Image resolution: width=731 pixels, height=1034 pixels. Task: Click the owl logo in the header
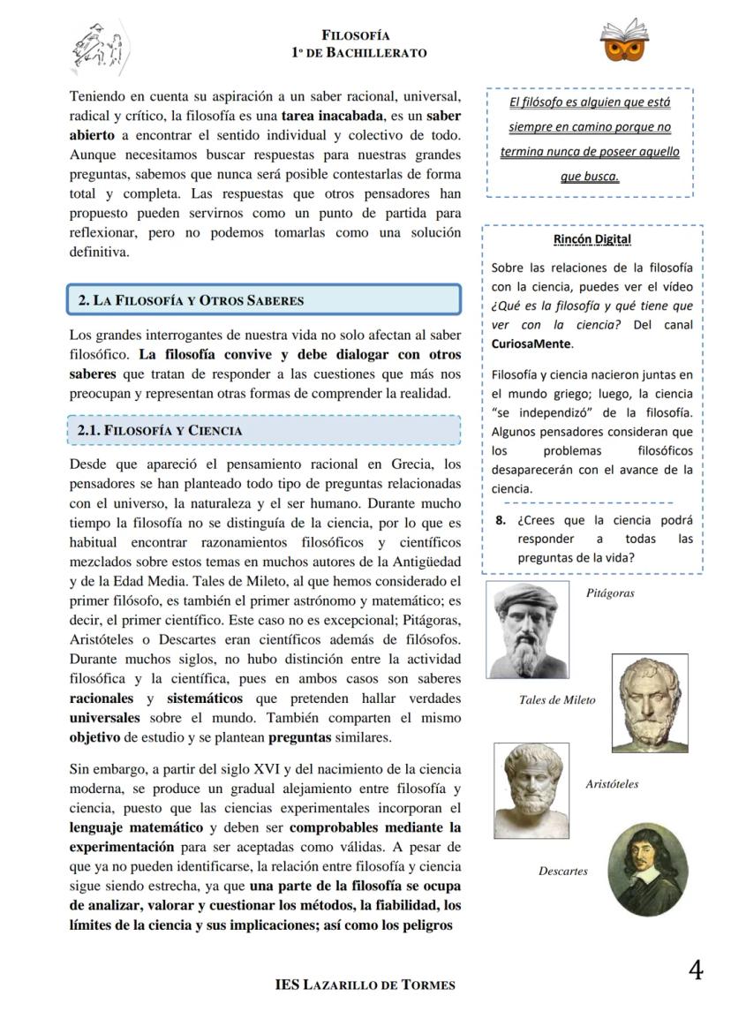click(x=624, y=42)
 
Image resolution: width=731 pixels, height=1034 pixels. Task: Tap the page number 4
click(x=695, y=970)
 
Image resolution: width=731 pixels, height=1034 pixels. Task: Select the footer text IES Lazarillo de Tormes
click(x=365, y=985)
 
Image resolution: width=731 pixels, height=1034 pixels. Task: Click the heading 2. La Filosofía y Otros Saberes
click(x=191, y=300)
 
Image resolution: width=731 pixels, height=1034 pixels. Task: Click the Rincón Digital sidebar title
click(x=592, y=239)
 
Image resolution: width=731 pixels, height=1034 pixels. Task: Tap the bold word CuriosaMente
click(x=532, y=343)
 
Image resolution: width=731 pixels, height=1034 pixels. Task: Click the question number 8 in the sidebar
click(x=500, y=520)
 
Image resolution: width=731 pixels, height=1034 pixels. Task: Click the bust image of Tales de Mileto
click(x=649, y=704)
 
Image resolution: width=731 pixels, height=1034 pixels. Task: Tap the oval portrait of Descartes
click(x=649, y=869)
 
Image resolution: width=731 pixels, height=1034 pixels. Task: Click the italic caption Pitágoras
click(x=610, y=593)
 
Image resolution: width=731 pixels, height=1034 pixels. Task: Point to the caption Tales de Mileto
click(x=556, y=700)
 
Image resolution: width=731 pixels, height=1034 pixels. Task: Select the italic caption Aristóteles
click(x=612, y=784)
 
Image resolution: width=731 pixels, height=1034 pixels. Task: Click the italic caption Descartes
click(x=562, y=872)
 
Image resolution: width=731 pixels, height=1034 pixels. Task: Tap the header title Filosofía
click(x=356, y=35)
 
